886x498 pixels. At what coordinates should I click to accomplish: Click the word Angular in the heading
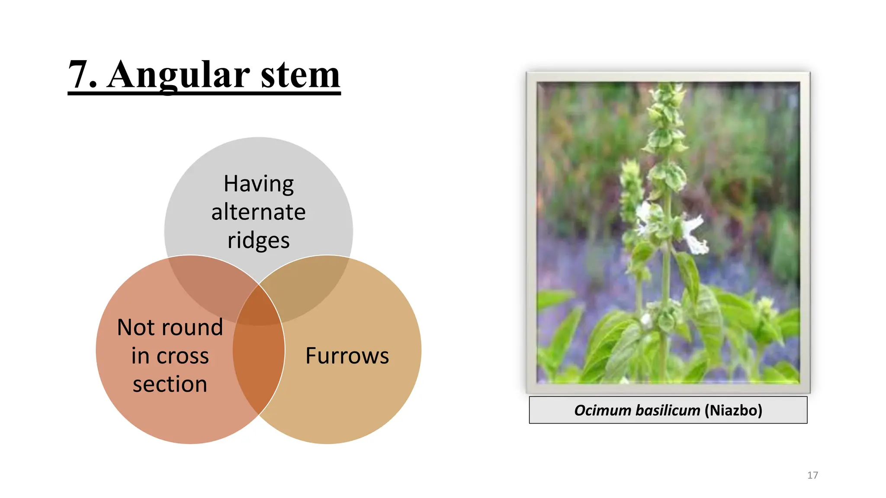coord(178,74)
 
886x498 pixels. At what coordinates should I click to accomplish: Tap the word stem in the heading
coord(300,74)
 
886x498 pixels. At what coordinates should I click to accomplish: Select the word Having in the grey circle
coord(259,184)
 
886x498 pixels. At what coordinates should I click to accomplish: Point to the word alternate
coord(258,212)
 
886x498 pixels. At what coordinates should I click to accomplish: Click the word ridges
coord(258,240)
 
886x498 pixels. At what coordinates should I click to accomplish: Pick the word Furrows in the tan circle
coord(347,356)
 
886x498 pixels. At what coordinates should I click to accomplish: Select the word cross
coord(182,356)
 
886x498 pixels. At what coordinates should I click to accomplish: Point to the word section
coord(170,384)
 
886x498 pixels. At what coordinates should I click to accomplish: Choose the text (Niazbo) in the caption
coord(733,410)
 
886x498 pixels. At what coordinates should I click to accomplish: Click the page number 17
coord(812,475)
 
